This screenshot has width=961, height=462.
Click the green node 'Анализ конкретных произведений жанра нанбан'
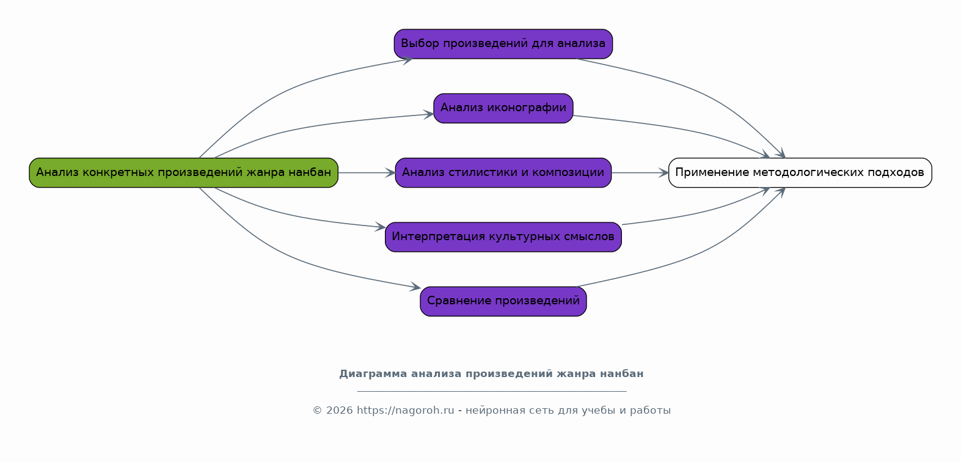(x=183, y=173)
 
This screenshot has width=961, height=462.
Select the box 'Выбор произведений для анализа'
(x=503, y=44)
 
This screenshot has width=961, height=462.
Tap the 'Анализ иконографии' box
(x=503, y=108)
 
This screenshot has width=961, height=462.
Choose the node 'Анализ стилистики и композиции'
(x=503, y=173)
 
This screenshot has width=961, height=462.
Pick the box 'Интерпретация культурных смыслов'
(x=503, y=237)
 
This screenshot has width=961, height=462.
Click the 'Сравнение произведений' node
(x=503, y=301)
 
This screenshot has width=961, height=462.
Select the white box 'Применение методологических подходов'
(x=800, y=173)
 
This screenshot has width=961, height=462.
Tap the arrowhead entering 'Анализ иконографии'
(x=429, y=114)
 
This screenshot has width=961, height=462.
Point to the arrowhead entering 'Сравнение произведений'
(x=415, y=287)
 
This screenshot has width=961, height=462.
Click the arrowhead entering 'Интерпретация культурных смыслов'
(x=381, y=227)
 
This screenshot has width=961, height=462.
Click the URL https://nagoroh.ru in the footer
(x=405, y=411)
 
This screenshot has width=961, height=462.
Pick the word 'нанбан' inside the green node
(x=310, y=173)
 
